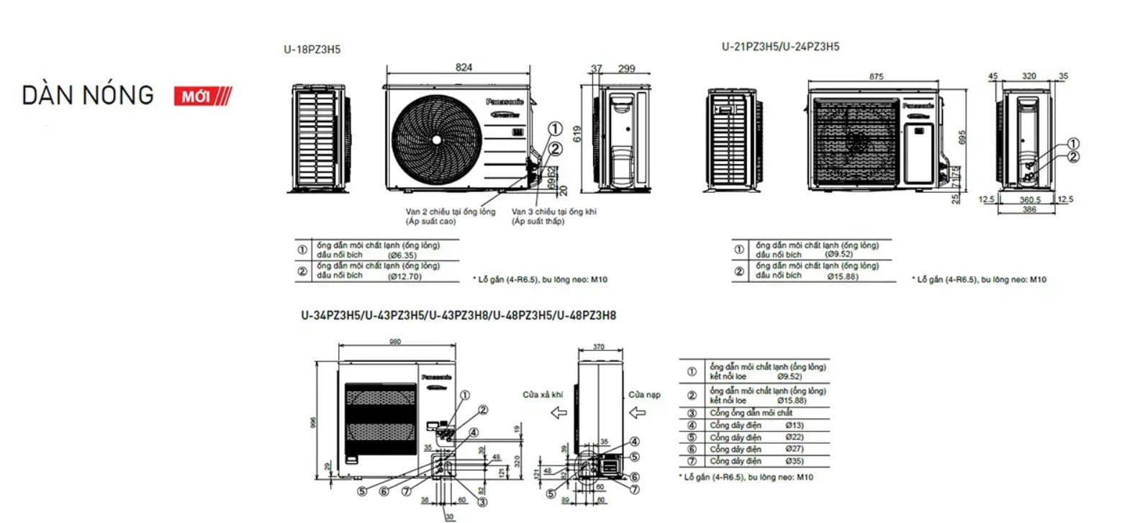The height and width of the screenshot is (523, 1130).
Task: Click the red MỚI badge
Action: (202, 96)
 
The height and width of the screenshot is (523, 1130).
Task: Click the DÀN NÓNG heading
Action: (88, 96)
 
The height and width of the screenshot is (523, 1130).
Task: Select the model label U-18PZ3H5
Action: (312, 50)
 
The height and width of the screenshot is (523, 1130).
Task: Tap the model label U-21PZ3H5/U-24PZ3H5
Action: (780, 47)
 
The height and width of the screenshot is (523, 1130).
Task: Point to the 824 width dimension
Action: (464, 67)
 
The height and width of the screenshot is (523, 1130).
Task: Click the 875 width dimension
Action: (876, 76)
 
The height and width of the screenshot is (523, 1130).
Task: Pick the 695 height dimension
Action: (962, 137)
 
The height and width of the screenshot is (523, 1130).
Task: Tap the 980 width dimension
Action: (395, 341)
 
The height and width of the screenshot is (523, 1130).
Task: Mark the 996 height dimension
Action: (313, 423)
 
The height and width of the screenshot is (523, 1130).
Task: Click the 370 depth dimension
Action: (599, 347)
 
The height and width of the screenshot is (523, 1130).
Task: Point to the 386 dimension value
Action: (1029, 209)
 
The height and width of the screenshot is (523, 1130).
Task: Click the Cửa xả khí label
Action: (543, 394)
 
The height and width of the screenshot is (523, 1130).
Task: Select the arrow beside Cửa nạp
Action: (638, 412)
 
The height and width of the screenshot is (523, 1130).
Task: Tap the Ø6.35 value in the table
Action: (402, 255)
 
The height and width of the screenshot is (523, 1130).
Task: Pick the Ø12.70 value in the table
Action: (404, 276)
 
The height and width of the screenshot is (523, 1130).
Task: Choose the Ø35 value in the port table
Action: (794, 461)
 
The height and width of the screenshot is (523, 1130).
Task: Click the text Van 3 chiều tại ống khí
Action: (553, 212)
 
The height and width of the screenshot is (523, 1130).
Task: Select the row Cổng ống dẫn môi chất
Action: (751, 413)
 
